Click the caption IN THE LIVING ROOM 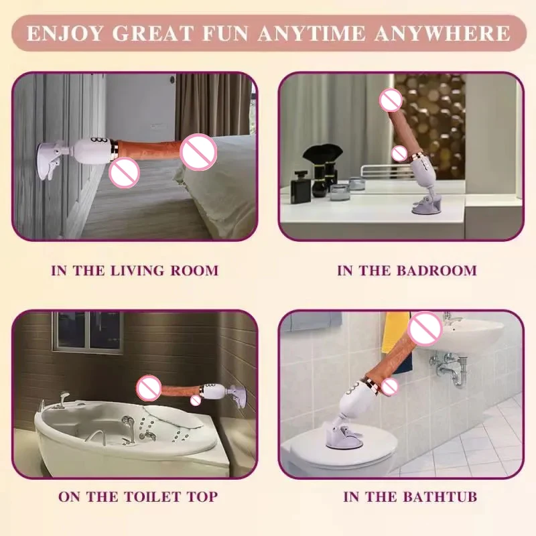tap(135, 271)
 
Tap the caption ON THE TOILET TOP tap(137, 496)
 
